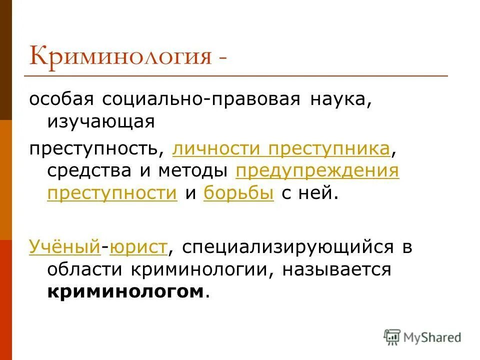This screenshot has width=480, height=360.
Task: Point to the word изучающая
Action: click(x=100, y=121)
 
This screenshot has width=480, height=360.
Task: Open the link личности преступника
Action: click(x=281, y=148)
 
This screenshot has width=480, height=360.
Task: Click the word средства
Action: click(x=89, y=170)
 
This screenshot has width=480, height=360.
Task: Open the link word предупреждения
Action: click(x=317, y=170)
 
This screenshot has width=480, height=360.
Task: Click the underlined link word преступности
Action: click(x=112, y=193)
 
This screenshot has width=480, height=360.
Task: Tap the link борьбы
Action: click(x=238, y=193)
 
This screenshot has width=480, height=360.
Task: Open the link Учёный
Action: click(x=65, y=247)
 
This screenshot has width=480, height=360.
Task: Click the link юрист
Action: click(x=139, y=247)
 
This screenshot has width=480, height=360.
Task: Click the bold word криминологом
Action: click(x=126, y=291)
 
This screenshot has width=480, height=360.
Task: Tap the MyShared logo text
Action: click(x=433, y=336)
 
